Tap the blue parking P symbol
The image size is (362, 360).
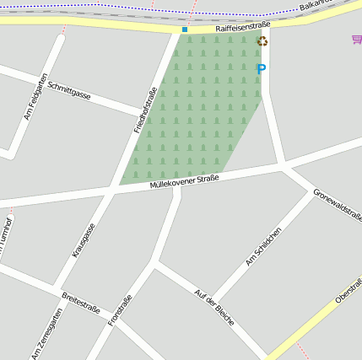(261, 69)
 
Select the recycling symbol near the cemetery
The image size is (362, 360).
(262, 41)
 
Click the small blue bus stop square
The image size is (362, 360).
(185, 30)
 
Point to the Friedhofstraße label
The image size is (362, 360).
(145, 110)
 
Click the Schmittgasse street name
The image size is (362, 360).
(69, 90)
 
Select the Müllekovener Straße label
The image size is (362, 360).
(184, 180)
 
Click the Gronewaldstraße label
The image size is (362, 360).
(338, 203)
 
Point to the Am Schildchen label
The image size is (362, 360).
(263, 247)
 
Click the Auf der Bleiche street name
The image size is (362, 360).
(213, 309)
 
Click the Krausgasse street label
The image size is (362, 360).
(84, 240)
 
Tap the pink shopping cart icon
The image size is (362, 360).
(356, 40)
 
